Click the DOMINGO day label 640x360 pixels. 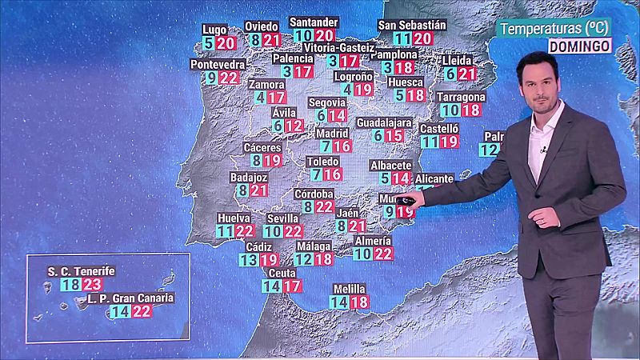[x=580, y=46]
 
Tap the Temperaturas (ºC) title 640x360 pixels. [x=554, y=29]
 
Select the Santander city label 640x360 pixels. [x=314, y=22]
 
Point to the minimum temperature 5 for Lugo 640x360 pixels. [x=209, y=42]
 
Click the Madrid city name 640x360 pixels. [x=332, y=133]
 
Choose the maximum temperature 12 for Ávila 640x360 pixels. [x=294, y=126]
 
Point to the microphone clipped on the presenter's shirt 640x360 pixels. [x=543, y=150]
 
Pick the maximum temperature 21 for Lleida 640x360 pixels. [x=468, y=74]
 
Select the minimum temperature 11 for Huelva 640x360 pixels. [x=225, y=231]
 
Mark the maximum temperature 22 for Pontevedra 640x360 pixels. [x=229, y=78]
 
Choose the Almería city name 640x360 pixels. [x=373, y=241]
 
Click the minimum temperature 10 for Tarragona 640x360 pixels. [x=450, y=110]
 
